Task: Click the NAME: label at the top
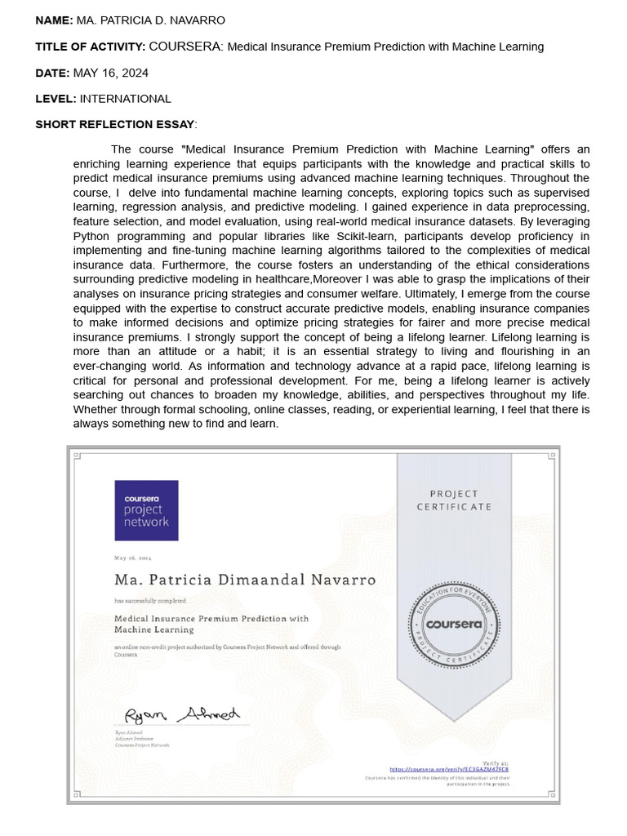click(x=54, y=20)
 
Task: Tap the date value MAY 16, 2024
click(x=111, y=73)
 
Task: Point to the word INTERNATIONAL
click(x=126, y=99)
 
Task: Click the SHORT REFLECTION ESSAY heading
click(x=115, y=124)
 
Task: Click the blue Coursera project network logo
click(x=146, y=510)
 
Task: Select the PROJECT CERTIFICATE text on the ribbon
click(x=454, y=500)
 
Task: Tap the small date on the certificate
click(x=133, y=558)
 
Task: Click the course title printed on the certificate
click(x=211, y=624)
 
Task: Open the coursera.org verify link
click(x=448, y=769)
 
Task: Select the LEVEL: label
click(x=56, y=99)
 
